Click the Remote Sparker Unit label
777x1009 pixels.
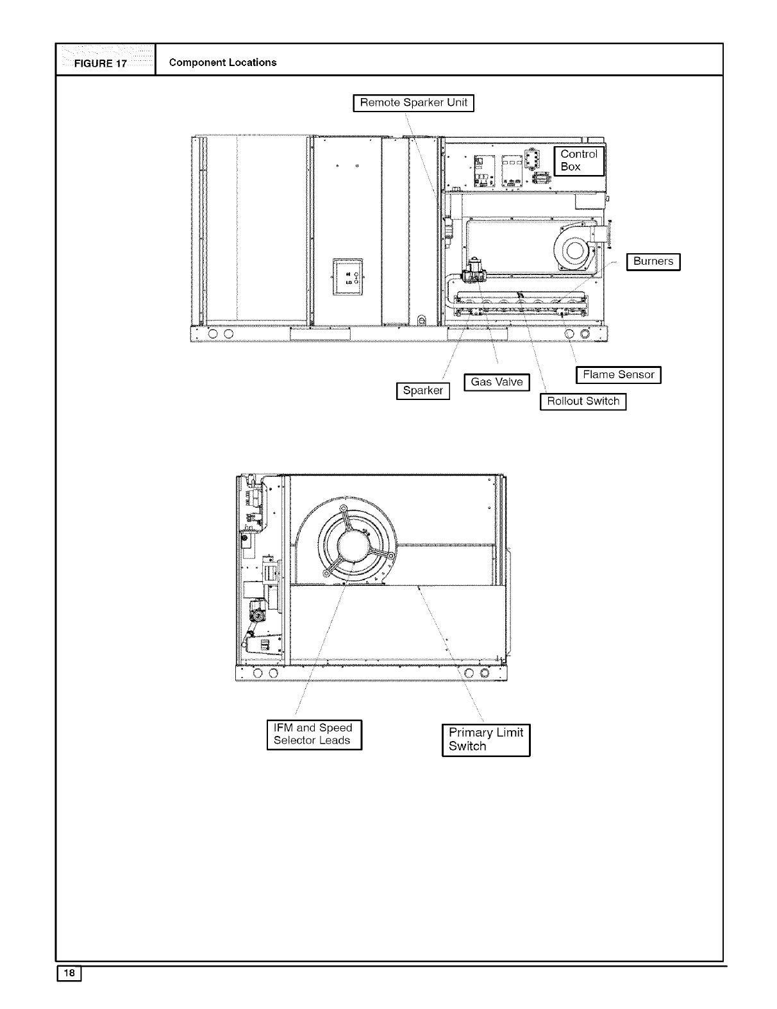[414, 103]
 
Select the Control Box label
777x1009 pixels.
[579, 160]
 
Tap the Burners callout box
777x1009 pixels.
[653, 262]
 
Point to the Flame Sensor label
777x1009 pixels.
[618, 375]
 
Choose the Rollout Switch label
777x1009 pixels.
[583, 401]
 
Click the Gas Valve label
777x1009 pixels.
[497, 382]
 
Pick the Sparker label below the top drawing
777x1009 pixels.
[423, 390]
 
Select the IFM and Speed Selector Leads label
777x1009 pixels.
[314, 735]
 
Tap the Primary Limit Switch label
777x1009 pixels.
[486, 740]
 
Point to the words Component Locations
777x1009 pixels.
[222, 62]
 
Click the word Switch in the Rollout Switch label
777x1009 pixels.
[601, 401]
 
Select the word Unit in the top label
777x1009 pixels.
[457, 103]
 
